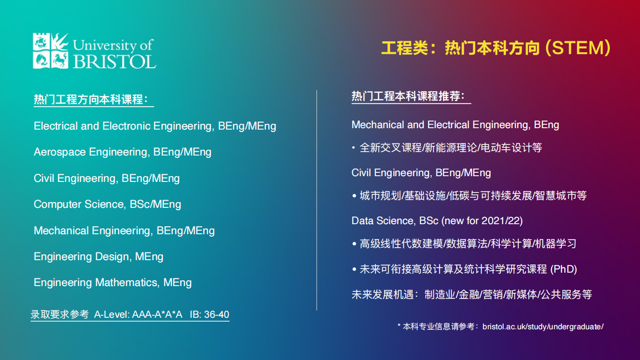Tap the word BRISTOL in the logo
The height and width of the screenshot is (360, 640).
click(114, 60)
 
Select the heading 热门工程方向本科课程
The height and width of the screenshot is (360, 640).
click(91, 99)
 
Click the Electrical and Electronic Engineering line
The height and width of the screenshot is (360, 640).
click(155, 126)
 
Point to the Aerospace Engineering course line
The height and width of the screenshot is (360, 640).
click(122, 152)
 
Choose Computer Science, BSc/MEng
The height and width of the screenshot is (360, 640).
click(107, 204)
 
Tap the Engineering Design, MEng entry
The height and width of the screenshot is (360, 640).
click(98, 257)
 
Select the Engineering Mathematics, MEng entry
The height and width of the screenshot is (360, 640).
click(112, 283)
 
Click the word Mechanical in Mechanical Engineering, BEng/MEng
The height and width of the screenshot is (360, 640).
click(61, 230)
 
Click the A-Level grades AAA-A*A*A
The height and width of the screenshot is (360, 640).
click(157, 315)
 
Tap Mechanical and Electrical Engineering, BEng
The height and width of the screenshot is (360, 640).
click(455, 125)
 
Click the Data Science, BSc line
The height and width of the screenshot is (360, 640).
click(437, 221)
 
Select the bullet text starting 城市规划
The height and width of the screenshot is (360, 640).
click(473, 196)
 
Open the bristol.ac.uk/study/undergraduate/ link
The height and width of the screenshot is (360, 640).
click(543, 327)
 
